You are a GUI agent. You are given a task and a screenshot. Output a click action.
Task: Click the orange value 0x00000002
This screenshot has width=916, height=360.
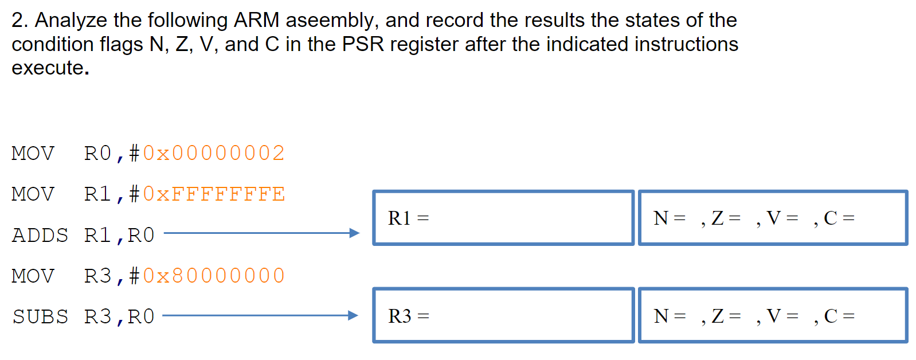(x=213, y=153)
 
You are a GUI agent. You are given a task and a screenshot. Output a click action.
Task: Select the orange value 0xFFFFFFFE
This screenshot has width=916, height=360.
(x=213, y=194)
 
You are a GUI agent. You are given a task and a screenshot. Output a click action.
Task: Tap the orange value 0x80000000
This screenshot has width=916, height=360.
(x=213, y=276)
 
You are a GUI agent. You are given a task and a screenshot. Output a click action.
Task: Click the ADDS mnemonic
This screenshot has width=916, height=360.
(x=40, y=235)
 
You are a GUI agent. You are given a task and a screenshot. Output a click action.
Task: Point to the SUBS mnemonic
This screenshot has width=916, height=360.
(x=40, y=316)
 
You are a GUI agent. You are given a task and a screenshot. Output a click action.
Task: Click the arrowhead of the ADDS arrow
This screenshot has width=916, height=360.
(x=354, y=233)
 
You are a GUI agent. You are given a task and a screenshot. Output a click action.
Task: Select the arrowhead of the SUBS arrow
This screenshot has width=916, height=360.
(x=353, y=315)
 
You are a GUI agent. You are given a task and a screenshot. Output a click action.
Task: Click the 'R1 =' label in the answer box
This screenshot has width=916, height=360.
(x=408, y=218)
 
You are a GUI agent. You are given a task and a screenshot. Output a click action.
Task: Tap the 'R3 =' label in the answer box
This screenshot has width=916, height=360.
(x=408, y=316)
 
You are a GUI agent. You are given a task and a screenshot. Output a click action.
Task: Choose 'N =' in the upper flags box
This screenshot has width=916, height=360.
(x=669, y=218)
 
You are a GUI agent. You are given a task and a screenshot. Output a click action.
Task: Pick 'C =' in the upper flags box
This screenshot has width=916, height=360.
(x=839, y=218)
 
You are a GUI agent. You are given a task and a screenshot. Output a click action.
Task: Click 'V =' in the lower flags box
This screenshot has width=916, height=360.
(x=782, y=316)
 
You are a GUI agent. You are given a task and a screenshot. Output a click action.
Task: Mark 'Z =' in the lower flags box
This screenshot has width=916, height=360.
(x=726, y=316)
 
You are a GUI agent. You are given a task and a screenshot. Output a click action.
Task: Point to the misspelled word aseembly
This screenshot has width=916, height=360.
(x=331, y=21)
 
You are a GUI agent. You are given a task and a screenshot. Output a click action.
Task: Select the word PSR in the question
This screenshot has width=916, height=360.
(x=362, y=44)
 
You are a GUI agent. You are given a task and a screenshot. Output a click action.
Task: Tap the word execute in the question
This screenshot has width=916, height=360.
(x=48, y=68)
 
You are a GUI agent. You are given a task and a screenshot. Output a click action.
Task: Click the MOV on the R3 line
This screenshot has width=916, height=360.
(x=33, y=276)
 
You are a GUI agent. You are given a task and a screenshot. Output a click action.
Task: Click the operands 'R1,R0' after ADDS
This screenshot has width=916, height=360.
(x=119, y=235)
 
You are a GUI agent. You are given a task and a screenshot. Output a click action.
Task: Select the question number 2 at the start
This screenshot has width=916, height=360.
(x=18, y=20)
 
